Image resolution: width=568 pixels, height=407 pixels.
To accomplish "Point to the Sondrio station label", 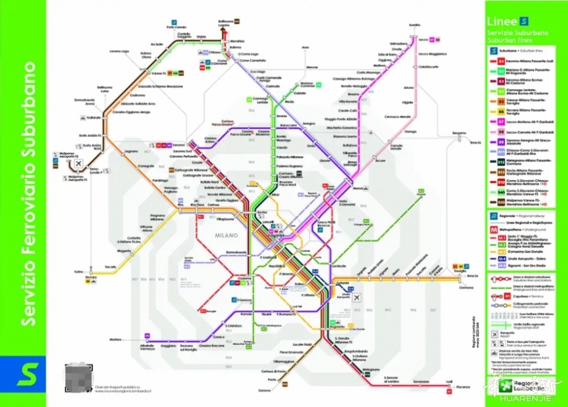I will (x=414, y=25).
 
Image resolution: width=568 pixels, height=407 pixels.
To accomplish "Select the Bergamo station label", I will (x=459, y=133).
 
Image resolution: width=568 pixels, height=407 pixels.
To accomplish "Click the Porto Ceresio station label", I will (x=176, y=27).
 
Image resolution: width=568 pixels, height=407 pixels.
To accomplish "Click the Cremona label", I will (x=466, y=288).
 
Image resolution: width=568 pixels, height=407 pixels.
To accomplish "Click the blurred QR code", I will (x=79, y=375).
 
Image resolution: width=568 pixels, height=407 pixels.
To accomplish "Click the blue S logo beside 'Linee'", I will (x=523, y=22).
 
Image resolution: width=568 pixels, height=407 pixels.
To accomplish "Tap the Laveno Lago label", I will (x=120, y=51).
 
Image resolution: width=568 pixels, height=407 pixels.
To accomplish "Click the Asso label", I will (x=305, y=47).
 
